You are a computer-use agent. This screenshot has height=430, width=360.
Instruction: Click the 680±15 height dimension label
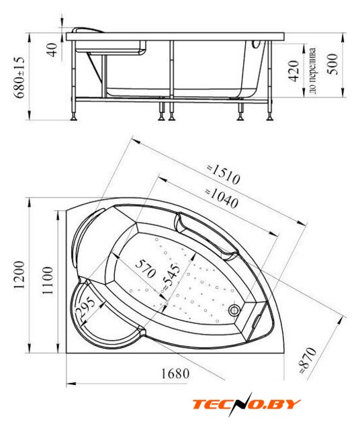click(20, 78)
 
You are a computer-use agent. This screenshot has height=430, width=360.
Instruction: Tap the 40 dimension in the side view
click(52, 50)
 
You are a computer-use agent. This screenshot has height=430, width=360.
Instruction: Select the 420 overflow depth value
click(294, 71)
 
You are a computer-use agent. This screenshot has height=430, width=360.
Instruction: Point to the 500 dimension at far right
click(333, 64)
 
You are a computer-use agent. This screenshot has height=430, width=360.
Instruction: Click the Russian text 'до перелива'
click(313, 71)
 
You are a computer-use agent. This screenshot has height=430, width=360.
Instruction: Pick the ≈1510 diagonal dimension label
click(224, 174)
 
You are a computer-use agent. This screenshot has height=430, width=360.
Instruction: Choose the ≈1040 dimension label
click(222, 198)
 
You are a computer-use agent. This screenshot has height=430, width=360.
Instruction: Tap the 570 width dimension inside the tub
click(146, 268)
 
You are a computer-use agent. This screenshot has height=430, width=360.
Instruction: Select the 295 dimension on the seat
click(85, 309)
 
